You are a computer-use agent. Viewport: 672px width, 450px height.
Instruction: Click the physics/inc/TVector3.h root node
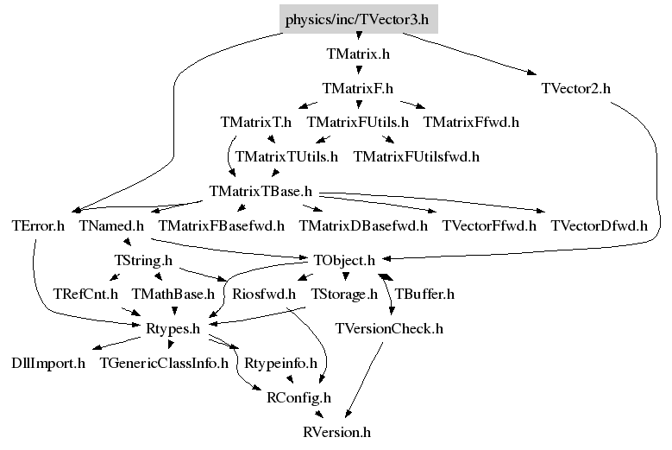pos(358,19)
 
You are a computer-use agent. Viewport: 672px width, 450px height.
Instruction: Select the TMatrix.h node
pos(358,54)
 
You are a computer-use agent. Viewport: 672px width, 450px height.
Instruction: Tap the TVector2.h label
pos(576,88)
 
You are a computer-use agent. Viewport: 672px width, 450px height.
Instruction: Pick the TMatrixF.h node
pos(358,88)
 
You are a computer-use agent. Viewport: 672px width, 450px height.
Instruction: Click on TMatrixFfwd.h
pos(471,122)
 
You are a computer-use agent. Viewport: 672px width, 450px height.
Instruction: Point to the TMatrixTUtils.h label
pos(286,157)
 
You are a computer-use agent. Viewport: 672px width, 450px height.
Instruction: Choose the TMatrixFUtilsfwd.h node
pos(417,157)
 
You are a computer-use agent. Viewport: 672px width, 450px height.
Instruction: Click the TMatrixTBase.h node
pos(261,191)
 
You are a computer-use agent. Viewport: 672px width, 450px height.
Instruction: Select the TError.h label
pos(38,225)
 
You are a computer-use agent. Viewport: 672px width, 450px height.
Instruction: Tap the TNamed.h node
pos(111,225)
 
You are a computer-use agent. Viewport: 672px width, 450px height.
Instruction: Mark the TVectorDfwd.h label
pos(599,225)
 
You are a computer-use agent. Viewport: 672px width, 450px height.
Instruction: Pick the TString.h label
pos(143,260)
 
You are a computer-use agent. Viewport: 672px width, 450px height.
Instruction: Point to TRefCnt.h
pos(85,295)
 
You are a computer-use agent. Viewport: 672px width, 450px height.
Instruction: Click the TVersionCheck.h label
pos(389,328)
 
